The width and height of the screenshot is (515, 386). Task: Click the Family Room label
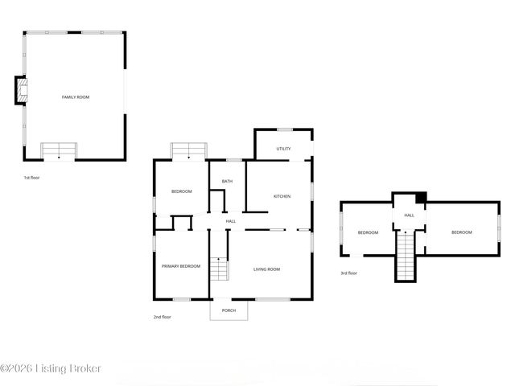76,97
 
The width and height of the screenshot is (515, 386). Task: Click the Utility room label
283,149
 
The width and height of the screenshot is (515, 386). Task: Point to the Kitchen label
282,196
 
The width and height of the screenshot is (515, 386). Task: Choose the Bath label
228,181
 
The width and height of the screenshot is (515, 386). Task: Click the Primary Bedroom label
180,266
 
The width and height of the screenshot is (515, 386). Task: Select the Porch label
229,310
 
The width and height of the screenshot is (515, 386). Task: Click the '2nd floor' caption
162,317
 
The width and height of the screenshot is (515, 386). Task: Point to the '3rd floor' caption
348,273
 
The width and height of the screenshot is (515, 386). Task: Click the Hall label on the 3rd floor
409,215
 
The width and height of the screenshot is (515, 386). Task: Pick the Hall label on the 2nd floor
231,221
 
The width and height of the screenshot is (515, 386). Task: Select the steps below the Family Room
58,150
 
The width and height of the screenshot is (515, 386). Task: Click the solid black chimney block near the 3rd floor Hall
420,198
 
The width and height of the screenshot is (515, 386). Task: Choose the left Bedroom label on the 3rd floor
368,232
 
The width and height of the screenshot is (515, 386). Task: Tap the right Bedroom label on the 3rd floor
461,232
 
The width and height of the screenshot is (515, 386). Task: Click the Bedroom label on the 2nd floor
181,191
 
